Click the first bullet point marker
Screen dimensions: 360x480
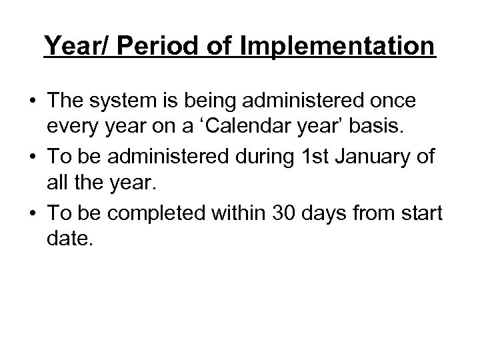tap(33, 101)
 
